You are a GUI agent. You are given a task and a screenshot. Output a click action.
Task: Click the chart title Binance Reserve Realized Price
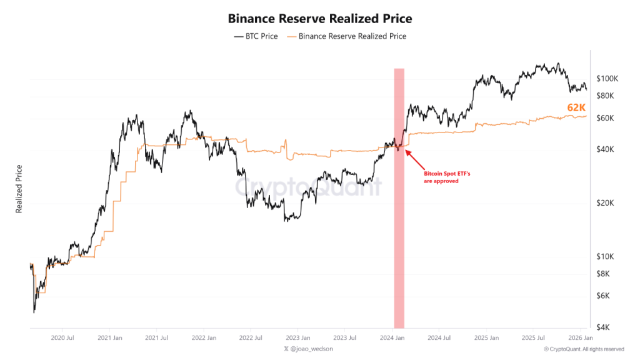[x=320, y=19]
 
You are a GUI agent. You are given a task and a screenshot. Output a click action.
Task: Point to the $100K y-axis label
[x=607, y=79]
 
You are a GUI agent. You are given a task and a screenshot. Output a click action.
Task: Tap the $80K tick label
[x=606, y=96]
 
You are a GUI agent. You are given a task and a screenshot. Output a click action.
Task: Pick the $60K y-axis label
[x=606, y=118]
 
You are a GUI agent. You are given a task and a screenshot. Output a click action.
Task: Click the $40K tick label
[x=606, y=149]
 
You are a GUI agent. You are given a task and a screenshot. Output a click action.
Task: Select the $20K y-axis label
[x=606, y=203]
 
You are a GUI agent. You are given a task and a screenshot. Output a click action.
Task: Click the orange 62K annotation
[x=576, y=107]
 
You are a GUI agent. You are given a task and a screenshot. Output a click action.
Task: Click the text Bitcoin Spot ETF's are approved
[x=442, y=177]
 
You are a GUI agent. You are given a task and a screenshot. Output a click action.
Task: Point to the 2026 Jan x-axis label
[x=580, y=337]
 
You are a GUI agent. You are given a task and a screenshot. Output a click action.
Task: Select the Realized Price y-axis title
[x=19, y=189]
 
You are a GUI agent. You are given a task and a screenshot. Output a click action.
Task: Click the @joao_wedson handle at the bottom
[x=309, y=349]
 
